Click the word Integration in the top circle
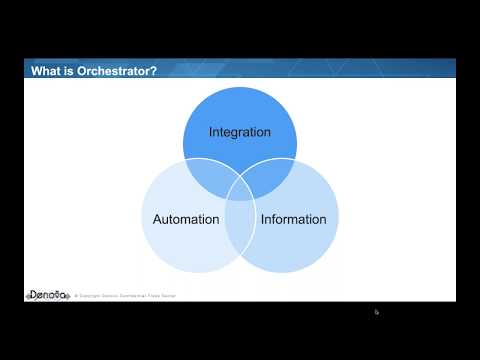[x=240, y=132]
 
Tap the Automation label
[x=186, y=219]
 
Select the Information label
[x=293, y=219]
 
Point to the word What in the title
[x=48, y=70]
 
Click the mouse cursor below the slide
[x=377, y=312]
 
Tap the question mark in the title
[x=154, y=70]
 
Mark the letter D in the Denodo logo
[x=31, y=296]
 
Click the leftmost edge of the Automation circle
[x=141, y=219]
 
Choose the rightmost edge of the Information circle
[x=340, y=219]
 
